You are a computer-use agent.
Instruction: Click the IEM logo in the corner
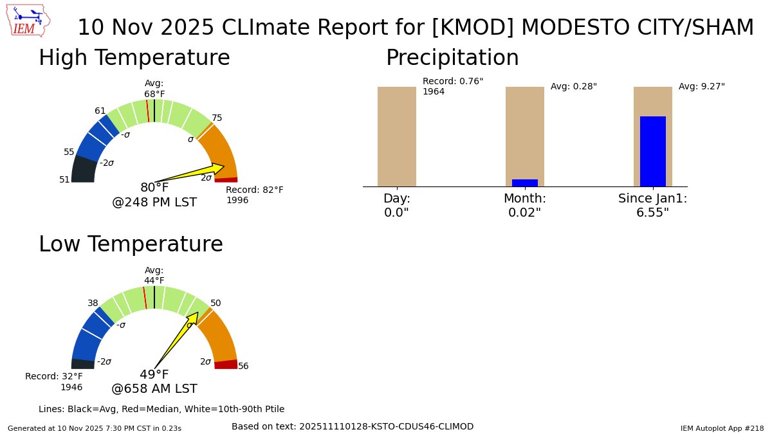coord(30,21)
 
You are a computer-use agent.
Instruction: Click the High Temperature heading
coord(134,58)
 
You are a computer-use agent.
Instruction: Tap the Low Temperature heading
coord(131,244)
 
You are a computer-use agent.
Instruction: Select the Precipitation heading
coord(452,58)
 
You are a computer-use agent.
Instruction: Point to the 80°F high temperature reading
coord(154,188)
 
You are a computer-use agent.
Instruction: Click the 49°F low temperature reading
coord(154,375)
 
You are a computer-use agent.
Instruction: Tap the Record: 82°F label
coord(254,190)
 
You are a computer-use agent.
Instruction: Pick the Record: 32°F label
coord(54,377)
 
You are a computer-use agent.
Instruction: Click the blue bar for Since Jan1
coord(652,152)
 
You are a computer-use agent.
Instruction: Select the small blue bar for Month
coord(524,183)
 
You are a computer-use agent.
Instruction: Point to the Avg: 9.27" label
coord(701,87)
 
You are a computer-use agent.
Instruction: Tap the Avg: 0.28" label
coord(573,87)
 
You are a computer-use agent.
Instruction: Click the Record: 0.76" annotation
coord(452,82)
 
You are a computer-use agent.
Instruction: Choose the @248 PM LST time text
coord(154,203)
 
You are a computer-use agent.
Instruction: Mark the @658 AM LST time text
coord(154,389)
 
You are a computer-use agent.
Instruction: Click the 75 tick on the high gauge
coord(217,118)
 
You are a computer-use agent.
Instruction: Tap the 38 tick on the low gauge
coord(93,303)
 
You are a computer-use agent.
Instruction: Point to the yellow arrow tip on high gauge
coord(223,167)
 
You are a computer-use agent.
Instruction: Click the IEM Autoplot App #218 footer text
coord(722,428)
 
